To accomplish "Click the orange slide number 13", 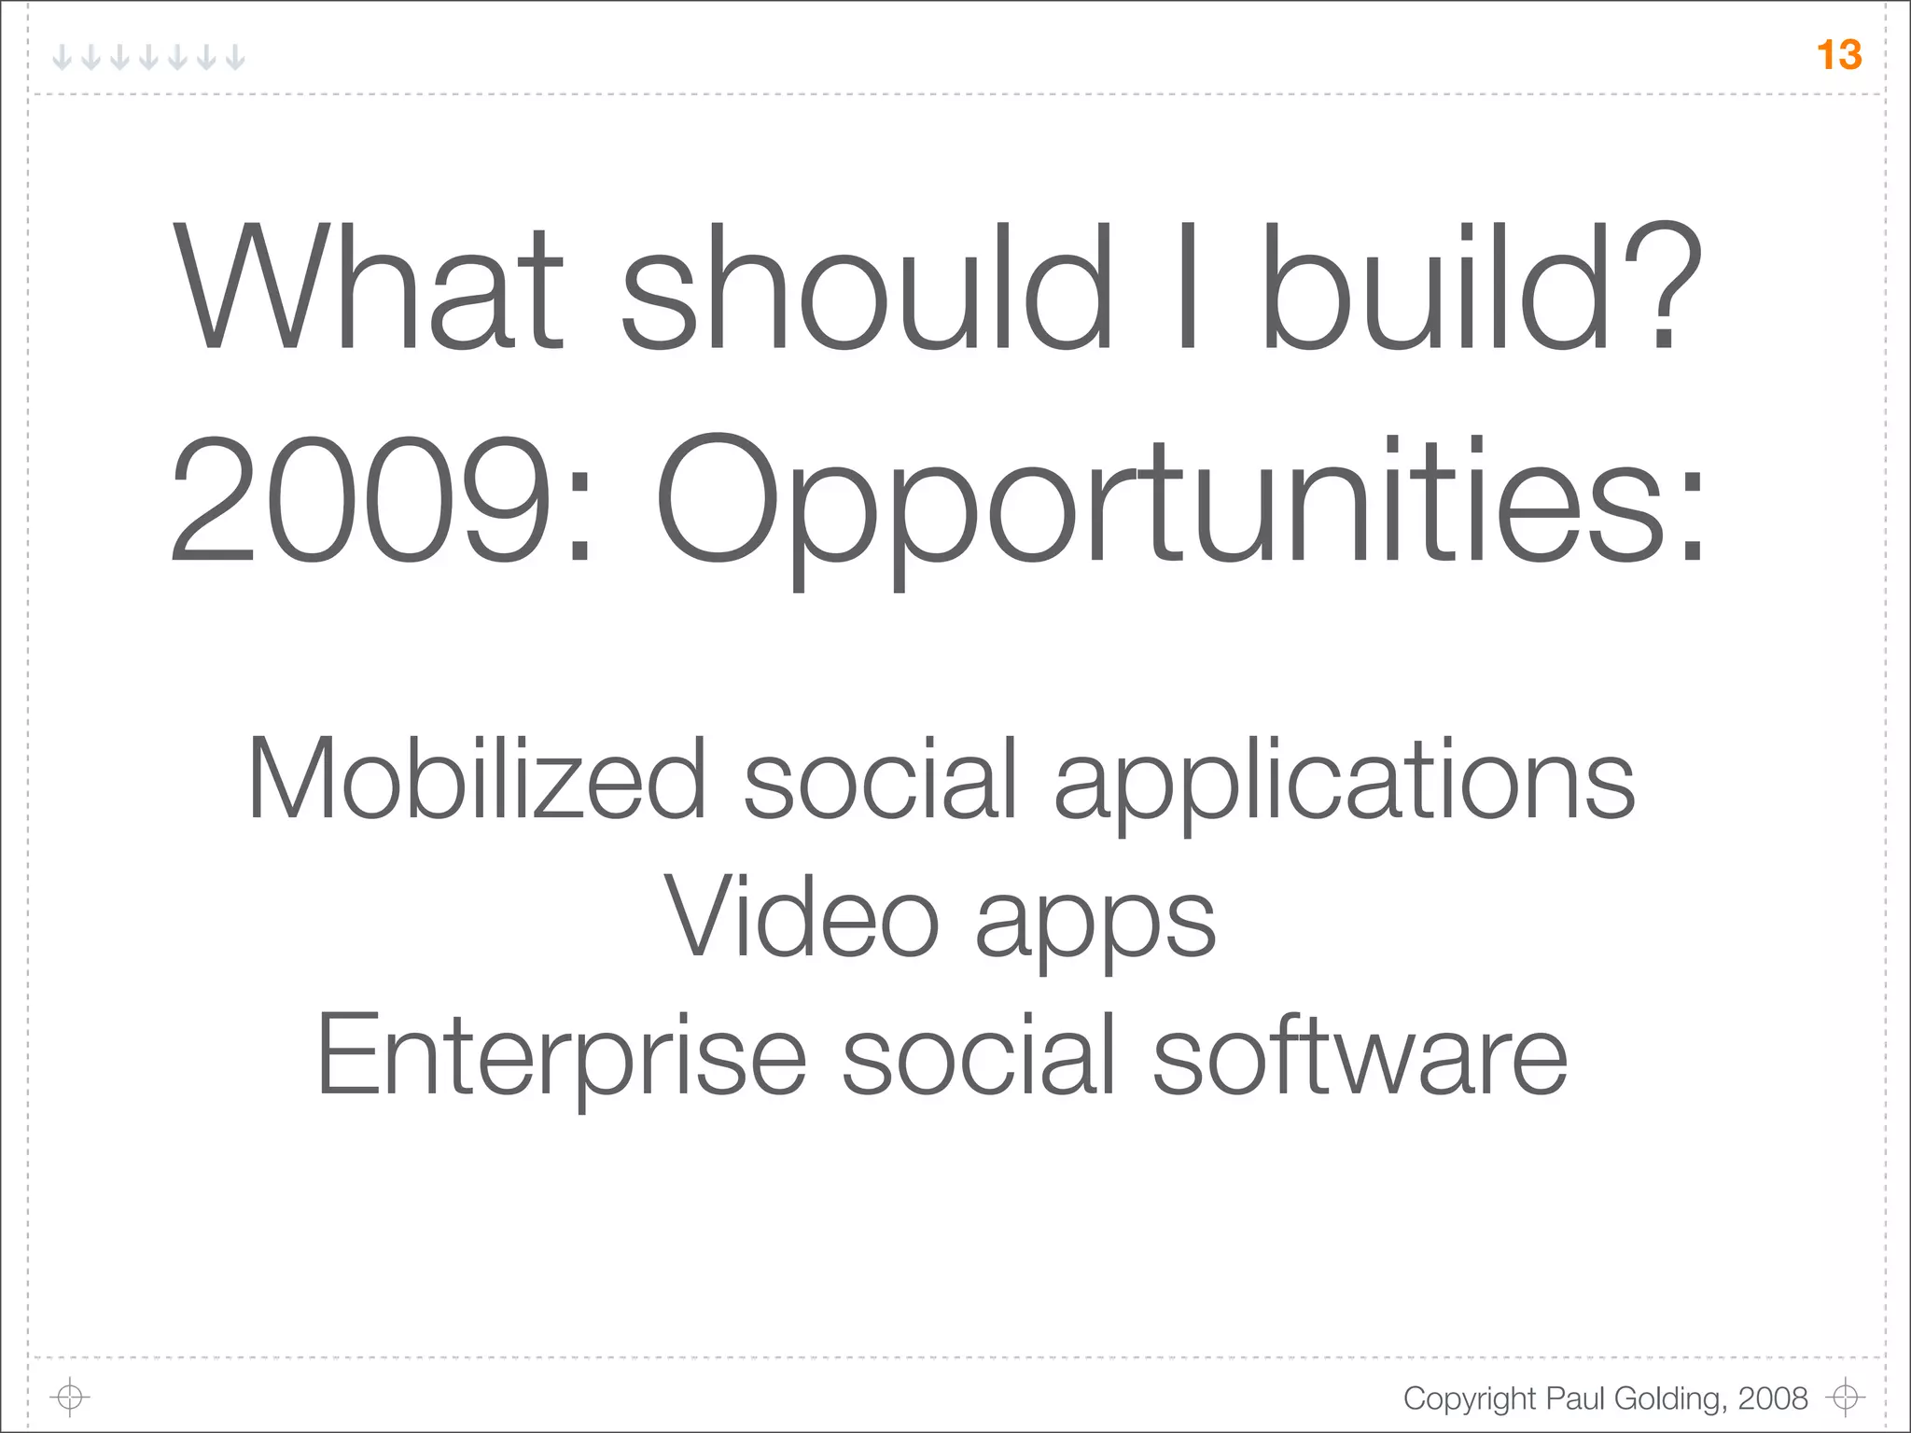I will [1839, 55].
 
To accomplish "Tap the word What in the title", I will [369, 286].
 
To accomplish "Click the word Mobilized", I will [477, 778].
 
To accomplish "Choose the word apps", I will [1095, 924].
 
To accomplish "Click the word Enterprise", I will [561, 1056].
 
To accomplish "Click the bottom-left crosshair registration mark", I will [69, 1397].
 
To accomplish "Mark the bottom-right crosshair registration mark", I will [1845, 1397].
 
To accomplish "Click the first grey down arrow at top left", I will [62, 58].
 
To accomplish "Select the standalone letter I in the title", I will [1187, 286].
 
